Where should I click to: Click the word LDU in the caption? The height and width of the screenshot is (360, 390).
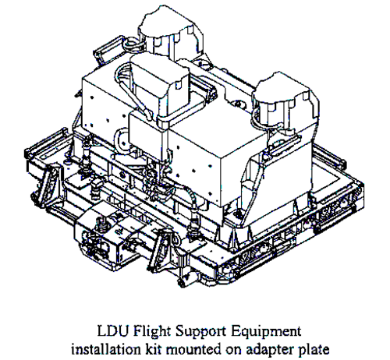(x=114, y=331)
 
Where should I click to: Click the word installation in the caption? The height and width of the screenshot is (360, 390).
(x=106, y=350)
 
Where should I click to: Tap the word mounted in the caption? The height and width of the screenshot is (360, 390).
(x=193, y=350)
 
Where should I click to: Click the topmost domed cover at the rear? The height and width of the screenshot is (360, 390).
(x=171, y=31)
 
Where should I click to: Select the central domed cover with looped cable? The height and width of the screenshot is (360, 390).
(x=159, y=86)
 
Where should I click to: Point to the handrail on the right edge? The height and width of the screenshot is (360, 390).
(x=330, y=157)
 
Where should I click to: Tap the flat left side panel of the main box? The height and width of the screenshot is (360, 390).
(x=105, y=104)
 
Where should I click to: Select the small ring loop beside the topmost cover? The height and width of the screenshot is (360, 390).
(x=132, y=44)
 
